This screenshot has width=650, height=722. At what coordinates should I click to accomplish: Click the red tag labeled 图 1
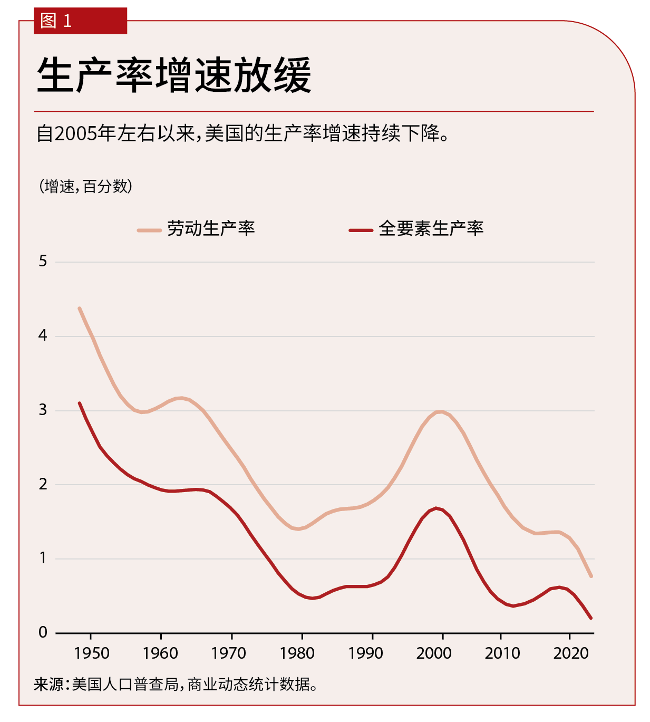point(80,21)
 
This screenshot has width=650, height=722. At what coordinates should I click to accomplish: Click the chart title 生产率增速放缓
point(174,75)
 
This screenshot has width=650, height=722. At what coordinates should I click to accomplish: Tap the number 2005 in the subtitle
point(75,134)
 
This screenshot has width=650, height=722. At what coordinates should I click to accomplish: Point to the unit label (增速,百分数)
point(85,186)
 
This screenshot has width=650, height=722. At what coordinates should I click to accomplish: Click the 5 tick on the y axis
point(43,261)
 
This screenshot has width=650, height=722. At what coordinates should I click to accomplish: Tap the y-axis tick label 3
point(43,410)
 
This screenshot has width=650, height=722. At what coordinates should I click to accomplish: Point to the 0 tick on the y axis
point(43,632)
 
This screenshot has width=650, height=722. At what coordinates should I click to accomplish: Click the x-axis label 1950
point(92,653)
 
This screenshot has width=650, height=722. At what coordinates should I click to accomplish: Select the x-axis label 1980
point(297,653)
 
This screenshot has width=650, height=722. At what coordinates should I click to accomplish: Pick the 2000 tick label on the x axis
point(434,653)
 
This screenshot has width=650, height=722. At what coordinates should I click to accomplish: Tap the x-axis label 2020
point(571,653)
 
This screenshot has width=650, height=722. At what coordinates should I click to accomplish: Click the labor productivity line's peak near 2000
point(441,411)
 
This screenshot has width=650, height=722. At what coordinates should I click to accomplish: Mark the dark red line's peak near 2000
point(436,508)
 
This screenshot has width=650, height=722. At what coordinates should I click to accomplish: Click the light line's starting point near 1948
point(80,308)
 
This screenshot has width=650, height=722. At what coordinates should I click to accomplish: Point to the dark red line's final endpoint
point(591,618)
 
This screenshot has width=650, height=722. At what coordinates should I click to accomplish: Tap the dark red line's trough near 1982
point(312,598)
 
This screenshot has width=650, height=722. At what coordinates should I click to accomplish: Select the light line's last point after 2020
point(591,576)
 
